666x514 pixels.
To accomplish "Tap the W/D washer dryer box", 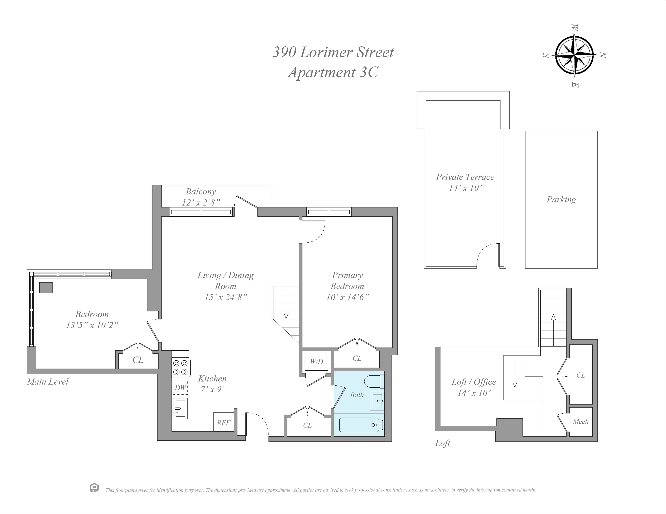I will pyautogui.click(x=317, y=362).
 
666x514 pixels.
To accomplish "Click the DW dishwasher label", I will pyautogui.click(x=180, y=388).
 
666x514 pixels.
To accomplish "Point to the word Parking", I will pyautogui.click(x=561, y=200).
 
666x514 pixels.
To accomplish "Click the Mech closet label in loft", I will pyautogui.click(x=580, y=422).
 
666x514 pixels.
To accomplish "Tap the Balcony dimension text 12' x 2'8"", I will pyautogui.click(x=201, y=202).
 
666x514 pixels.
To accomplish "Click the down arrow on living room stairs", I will pyautogui.click(x=286, y=316).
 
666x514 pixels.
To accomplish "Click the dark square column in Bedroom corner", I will pyautogui.click(x=46, y=288).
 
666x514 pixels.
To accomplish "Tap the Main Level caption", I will pyautogui.click(x=48, y=382).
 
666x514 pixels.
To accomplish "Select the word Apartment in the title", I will pyautogui.click(x=321, y=72).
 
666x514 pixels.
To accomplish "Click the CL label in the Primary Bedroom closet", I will pyautogui.click(x=357, y=358).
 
